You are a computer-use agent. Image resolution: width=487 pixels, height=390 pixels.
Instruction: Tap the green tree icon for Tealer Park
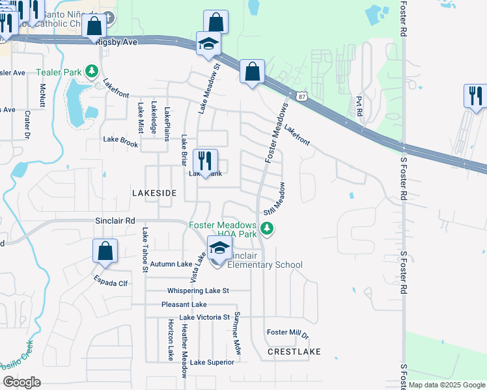tap(93, 70)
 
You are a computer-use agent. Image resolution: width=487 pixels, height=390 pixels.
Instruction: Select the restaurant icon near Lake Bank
tap(205, 161)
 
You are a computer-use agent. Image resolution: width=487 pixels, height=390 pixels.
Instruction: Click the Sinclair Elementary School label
tap(264, 260)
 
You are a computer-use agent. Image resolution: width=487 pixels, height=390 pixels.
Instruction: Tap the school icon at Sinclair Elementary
tap(219, 249)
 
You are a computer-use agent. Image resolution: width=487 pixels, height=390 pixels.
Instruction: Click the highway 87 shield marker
tap(301, 96)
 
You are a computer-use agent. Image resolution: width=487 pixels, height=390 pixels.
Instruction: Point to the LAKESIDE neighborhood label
tap(154, 194)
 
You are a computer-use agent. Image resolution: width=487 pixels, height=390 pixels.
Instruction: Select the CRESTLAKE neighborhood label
tap(294, 352)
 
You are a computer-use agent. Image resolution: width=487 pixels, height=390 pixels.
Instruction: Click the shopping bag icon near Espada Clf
tap(105, 252)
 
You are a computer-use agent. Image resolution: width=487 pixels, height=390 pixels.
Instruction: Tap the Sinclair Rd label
tap(115, 221)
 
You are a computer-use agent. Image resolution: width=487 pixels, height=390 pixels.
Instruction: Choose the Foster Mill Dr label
tap(287, 333)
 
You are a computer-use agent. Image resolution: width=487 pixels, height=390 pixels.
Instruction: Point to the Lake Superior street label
tap(212, 362)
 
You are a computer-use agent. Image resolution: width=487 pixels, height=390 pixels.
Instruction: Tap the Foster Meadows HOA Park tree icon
tap(266, 228)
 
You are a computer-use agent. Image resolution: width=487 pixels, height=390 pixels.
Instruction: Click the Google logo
tap(21, 382)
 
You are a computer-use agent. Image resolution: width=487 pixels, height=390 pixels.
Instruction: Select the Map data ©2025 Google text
tap(446, 385)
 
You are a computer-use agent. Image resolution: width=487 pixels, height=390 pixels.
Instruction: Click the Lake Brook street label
tap(120, 141)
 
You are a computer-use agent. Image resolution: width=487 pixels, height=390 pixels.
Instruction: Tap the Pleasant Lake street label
tap(184, 304)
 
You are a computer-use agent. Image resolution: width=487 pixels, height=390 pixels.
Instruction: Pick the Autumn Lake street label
tap(171, 264)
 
